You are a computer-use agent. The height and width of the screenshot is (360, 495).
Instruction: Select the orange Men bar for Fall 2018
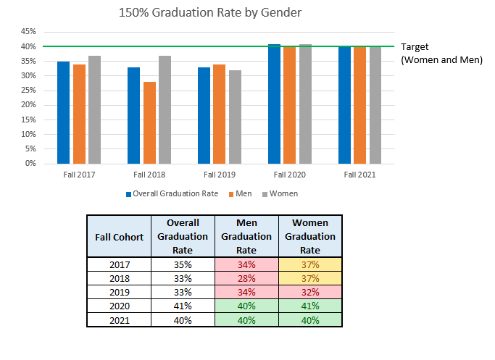coord(149,122)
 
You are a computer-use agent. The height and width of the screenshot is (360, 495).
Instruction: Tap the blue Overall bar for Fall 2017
coord(63,112)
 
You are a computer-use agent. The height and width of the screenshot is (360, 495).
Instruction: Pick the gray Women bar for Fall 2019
coord(235,117)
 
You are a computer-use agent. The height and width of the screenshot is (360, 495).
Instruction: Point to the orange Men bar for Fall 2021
coord(359,105)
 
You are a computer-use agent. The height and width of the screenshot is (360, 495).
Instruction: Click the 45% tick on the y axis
coord(28,32)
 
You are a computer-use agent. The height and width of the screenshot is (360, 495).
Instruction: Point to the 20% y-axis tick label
coord(28,105)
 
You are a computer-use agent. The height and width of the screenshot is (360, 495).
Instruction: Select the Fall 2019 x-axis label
coord(219,175)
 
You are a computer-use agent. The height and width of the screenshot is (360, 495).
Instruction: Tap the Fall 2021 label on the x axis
coord(359,175)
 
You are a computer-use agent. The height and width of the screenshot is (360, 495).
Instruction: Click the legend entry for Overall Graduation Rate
coord(172,194)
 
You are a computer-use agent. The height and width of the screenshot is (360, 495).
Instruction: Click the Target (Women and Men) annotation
coord(441,53)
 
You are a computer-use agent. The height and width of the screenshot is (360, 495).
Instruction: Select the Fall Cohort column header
coord(119,236)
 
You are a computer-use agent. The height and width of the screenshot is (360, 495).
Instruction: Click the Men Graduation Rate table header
coord(246,236)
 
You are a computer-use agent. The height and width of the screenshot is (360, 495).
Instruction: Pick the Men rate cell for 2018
coord(246,278)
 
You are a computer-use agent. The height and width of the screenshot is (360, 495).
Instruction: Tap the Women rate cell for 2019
coord(309,292)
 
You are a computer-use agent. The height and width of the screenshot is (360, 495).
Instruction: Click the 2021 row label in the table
coord(119,319)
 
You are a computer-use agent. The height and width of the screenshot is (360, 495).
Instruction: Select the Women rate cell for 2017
coord(309,264)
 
